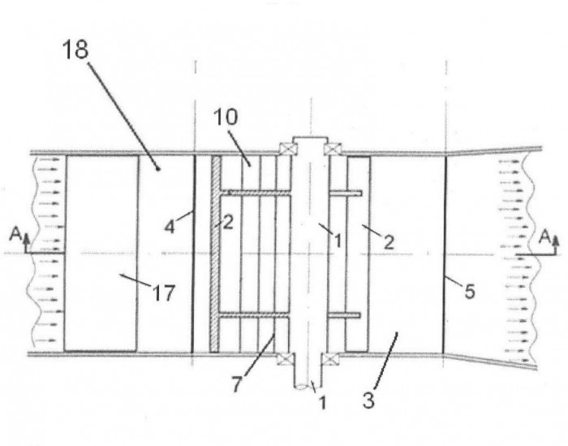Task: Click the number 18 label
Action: point(75,50)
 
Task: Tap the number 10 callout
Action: point(226,117)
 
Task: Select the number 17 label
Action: point(164,293)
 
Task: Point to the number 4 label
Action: point(170,227)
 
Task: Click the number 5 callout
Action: point(470,292)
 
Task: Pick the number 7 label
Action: point(236,384)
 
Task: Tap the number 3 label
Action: point(368,401)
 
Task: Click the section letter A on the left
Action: point(15,234)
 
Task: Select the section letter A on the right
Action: point(544,237)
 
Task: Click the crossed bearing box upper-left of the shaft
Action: point(287,149)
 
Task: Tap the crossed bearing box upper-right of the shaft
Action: point(332,149)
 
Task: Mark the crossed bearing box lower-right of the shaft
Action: point(330,359)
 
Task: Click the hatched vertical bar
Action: point(215,253)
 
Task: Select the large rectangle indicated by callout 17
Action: point(101,253)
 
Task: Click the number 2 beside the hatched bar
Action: point(228,223)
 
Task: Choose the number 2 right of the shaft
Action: point(389,242)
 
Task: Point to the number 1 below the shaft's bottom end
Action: point(322,402)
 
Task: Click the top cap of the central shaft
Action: point(311,140)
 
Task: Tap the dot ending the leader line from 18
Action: point(158,169)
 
